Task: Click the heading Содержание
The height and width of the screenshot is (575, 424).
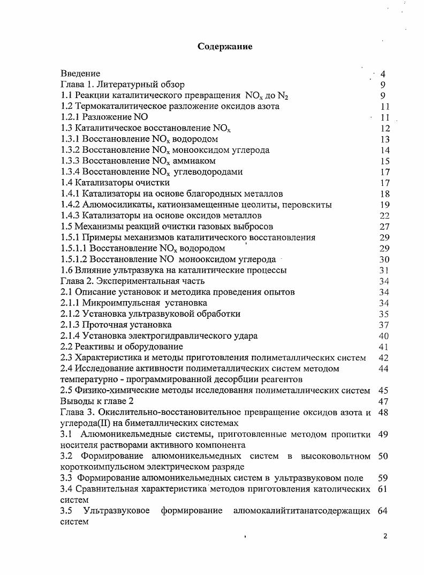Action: pos(225,47)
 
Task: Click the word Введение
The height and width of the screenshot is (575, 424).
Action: pos(80,73)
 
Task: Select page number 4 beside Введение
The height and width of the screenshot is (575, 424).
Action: pos(383,74)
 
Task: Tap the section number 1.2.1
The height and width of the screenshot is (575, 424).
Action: pos(70,117)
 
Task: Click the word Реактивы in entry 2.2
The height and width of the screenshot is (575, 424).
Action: pos(93,347)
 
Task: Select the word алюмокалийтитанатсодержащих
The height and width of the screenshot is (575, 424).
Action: pos(301,511)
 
